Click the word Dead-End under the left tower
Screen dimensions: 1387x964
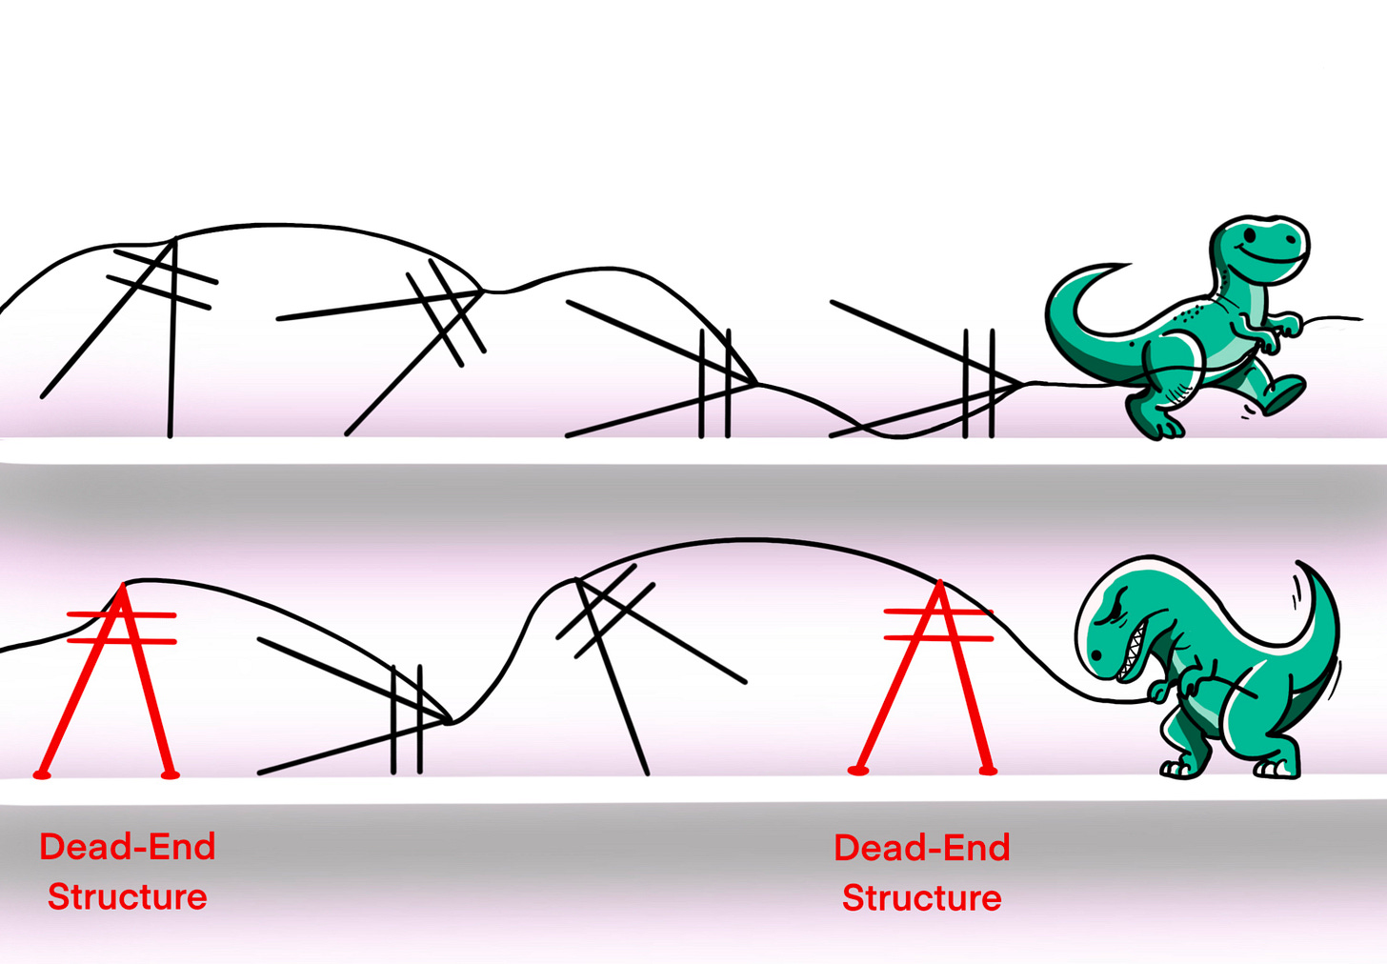pyautogui.click(x=128, y=847)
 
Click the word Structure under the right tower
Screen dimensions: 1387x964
pyautogui.click(x=921, y=898)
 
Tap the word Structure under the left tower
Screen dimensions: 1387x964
pyautogui.click(x=128, y=897)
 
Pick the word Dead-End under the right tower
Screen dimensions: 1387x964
pyautogui.click(x=921, y=848)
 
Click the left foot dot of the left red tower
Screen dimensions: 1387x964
pyautogui.click(x=42, y=774)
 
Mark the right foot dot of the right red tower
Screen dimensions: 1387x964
pyautogui.click(x=988, y=770)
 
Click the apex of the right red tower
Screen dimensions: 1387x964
pyautogui.click(x=940, y=584)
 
